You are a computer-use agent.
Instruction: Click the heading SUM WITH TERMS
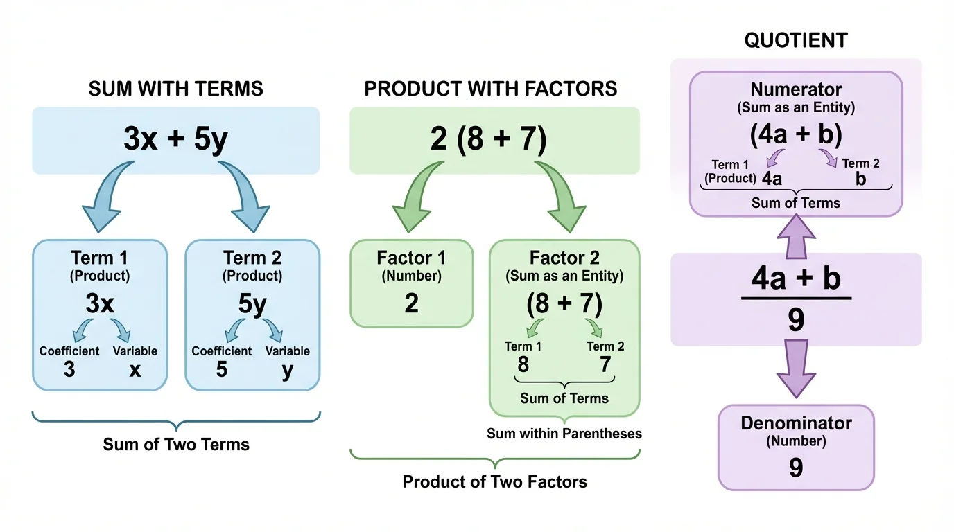175,89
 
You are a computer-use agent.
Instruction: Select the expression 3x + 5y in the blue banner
175,140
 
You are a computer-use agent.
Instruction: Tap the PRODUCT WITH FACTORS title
490,89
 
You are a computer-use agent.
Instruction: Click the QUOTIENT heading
795,40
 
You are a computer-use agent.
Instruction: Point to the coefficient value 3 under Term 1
69,369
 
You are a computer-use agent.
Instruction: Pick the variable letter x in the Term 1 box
135,370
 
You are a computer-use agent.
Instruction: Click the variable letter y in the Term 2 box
287,371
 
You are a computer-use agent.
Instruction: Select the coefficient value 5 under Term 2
221,369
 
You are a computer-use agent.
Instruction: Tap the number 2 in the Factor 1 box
411,303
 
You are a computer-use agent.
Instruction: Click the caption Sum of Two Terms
175,445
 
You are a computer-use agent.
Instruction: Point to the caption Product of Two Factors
494,482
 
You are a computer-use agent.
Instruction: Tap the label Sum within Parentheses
564,434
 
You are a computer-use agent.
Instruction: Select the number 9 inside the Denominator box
795,468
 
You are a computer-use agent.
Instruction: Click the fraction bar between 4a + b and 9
795,299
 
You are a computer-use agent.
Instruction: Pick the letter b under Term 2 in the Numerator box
860,179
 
